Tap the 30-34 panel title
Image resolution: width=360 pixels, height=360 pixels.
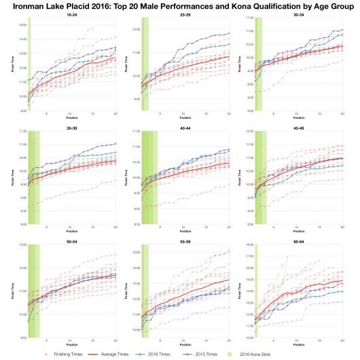point(298,14)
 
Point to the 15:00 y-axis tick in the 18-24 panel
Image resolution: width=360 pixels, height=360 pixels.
point(22,24)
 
